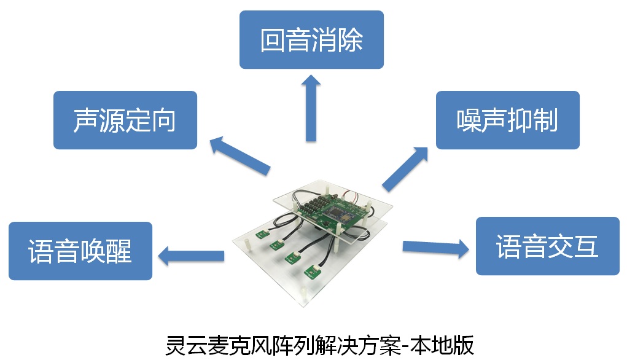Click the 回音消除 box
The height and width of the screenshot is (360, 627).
click(x=311, y=39)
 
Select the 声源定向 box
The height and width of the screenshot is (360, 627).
click(x=125, y=120)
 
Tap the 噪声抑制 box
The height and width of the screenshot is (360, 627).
click(x=507, y=120)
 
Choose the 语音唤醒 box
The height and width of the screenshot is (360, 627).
click(x=80, y=251)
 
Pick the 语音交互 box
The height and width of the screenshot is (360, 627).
click(x=547, y=246)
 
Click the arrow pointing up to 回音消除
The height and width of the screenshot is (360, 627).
click(x=311, y=108)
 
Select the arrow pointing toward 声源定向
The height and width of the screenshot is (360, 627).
click(x=240, y=155)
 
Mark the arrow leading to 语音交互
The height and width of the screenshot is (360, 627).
click(x=436, y=248)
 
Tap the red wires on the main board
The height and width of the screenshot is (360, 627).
click(x=351, y=196)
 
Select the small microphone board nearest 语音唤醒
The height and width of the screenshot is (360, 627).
click(x=262, y=234)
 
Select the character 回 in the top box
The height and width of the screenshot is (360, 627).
click(x=273, y=39)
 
